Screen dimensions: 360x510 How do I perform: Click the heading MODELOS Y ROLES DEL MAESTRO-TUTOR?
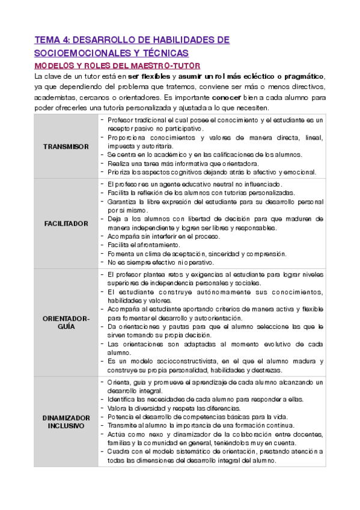point(117,65)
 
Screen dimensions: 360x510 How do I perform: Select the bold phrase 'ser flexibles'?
point(147,76)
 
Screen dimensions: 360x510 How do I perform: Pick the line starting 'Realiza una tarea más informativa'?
point(183,163)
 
